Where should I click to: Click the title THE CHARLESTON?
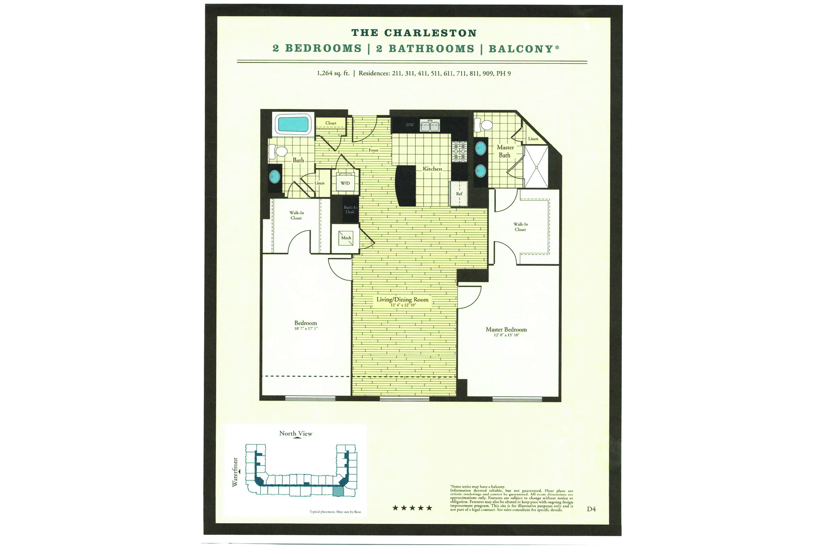click(414, 33)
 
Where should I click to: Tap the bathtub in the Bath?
click(293, 124)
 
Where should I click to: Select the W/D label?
click(345, 183)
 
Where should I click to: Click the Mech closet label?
click(346, 238)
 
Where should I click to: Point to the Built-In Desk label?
click(350, 210)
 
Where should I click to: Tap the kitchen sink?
click(430, 125)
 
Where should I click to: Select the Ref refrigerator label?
click(459, 194)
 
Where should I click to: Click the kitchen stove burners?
click(459, 152)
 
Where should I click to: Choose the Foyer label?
click(373, 150)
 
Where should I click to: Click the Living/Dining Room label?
click(402, 300)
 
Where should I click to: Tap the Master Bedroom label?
click(506, 330)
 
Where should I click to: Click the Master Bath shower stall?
click(536, 167)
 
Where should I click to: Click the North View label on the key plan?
click(296, 434)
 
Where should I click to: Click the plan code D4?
click(591, 509)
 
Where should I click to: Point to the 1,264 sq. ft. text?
click(333, 73)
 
